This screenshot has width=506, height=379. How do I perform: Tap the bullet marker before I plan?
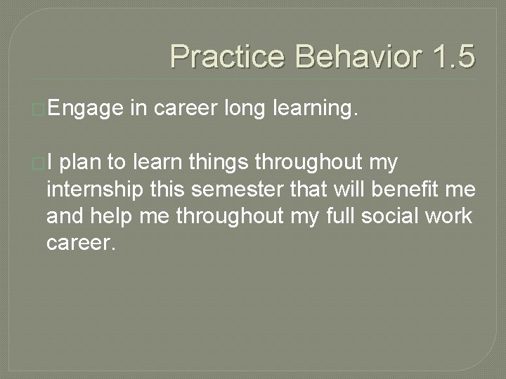[x=40, y=164]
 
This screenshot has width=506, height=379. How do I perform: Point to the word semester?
[x=231, y=189]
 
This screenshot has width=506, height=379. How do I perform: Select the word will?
[x=353, y=189]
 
